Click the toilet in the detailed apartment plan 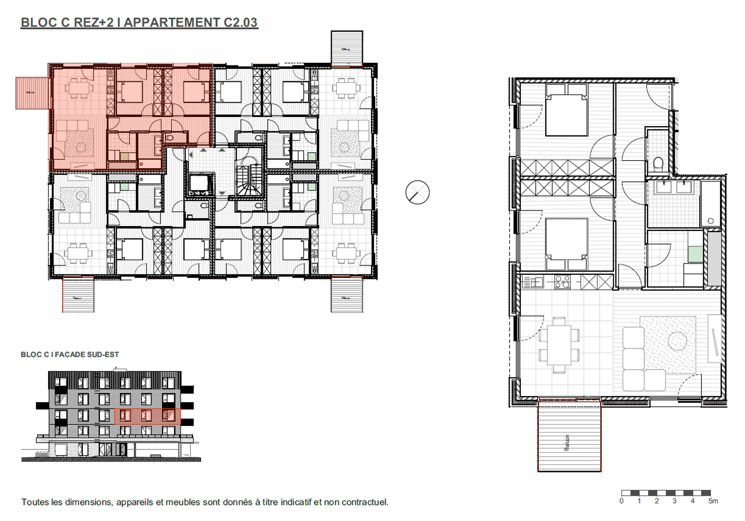[658, 164]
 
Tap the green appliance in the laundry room [695, 254]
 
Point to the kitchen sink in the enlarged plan [534, 281]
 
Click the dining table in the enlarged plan [559, 346]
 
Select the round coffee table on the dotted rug [677, 341]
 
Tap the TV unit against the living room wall [715, 338]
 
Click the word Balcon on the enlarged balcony [567, 442]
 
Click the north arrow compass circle [417, 192]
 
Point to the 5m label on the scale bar [712, 501]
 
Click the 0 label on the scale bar [621, 501]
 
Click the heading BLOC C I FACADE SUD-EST [70, 355]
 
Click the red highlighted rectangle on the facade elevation [147, 416]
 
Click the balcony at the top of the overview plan [347, 48]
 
